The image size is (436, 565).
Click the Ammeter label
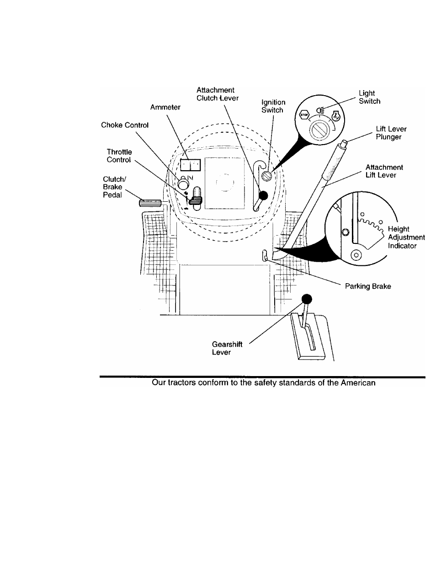pyautogui.click(x=165, y=107)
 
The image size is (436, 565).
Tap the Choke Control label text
pyautogui.click(x=125, y=125)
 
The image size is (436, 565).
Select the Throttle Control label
pyautogui.click(x=119, y=156)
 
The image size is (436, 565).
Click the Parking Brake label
pyautogui.click(x=368, y=286)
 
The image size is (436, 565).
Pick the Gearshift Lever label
pyautogui.click(x=227, y=348)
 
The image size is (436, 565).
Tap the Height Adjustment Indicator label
pyautogui.click(x=406, y=237)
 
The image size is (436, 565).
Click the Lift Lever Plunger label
pyautogui.click(x=391, y=133)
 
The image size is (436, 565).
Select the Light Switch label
pyautogui.click(x=370, y=97)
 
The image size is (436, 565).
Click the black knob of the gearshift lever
pyautogui.click(x=307, y=299)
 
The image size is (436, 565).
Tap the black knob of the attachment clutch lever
pyautogui.click(x=264, y=195)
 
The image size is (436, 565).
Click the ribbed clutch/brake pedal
pyautogui.click(x=150, y=203)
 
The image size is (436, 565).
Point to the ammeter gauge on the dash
pyautogui.click(x=190, y=165)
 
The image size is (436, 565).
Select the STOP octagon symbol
pyautogui.click(x=304, y=114)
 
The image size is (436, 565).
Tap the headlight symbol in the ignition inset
pyautogui.click(x=320, y=111)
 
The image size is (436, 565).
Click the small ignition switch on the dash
pyautogui.click(x=267, y=176)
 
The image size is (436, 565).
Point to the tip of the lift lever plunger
pyautogui.click(x=344, y=141)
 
